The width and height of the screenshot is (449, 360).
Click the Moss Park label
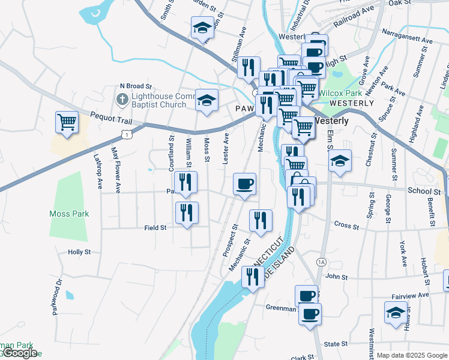coord(69,214)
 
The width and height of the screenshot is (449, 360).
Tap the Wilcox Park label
coord(340,93)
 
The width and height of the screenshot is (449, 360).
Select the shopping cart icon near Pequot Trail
coord(67,122)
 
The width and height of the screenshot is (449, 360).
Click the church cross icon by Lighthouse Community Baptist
coord(121,98)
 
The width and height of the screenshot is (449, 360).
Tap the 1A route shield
coord(321,262)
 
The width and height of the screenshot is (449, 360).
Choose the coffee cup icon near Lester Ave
coord(244,184)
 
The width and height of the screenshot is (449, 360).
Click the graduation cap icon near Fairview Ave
coord(396,312)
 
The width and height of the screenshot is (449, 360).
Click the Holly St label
coord(79,253)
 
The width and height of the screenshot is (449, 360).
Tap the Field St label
coord(155,228)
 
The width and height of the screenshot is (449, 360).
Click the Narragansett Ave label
coord(407,36)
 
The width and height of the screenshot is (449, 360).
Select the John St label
coord(336,277)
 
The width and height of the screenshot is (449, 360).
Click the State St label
coord(336,344)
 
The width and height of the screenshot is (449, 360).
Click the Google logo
coord(19,353)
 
